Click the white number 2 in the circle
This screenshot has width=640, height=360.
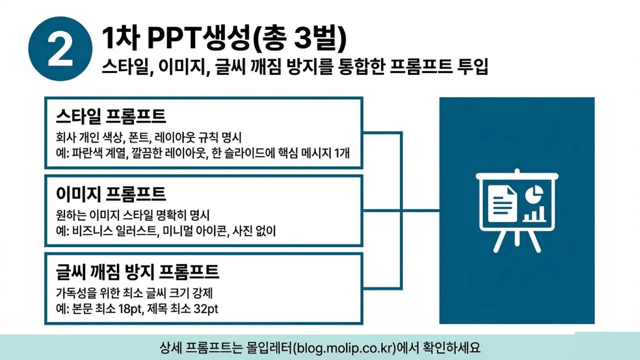60,49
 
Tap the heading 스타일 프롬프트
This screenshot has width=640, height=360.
111,116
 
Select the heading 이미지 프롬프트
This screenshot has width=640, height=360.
111,194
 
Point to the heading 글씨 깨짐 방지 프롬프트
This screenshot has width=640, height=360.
137,272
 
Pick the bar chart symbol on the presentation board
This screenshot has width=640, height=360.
534,214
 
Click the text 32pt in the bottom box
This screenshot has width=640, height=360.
206,309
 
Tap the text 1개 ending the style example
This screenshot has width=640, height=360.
342,153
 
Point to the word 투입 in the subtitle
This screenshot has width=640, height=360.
472,66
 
